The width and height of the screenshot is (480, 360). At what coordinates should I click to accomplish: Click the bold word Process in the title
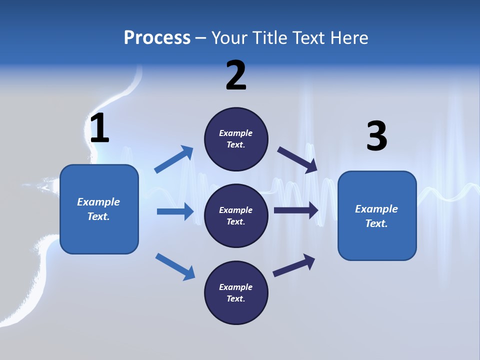157,37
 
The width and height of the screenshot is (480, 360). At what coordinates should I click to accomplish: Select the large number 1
99,128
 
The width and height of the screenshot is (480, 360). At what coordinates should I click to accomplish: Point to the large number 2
236,75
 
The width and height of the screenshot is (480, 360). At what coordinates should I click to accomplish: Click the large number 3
376,136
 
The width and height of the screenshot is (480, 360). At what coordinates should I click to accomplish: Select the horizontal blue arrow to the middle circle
175,211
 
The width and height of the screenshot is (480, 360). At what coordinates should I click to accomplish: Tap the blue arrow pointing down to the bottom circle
175,266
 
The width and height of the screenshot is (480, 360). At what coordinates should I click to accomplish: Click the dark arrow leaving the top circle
297,160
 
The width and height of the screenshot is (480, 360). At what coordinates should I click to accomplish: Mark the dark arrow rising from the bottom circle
294,265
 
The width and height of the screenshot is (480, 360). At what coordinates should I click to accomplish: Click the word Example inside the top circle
236,133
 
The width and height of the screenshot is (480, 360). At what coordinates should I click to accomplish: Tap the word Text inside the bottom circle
235,298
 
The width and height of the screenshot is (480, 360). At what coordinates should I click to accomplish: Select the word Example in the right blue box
376,209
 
